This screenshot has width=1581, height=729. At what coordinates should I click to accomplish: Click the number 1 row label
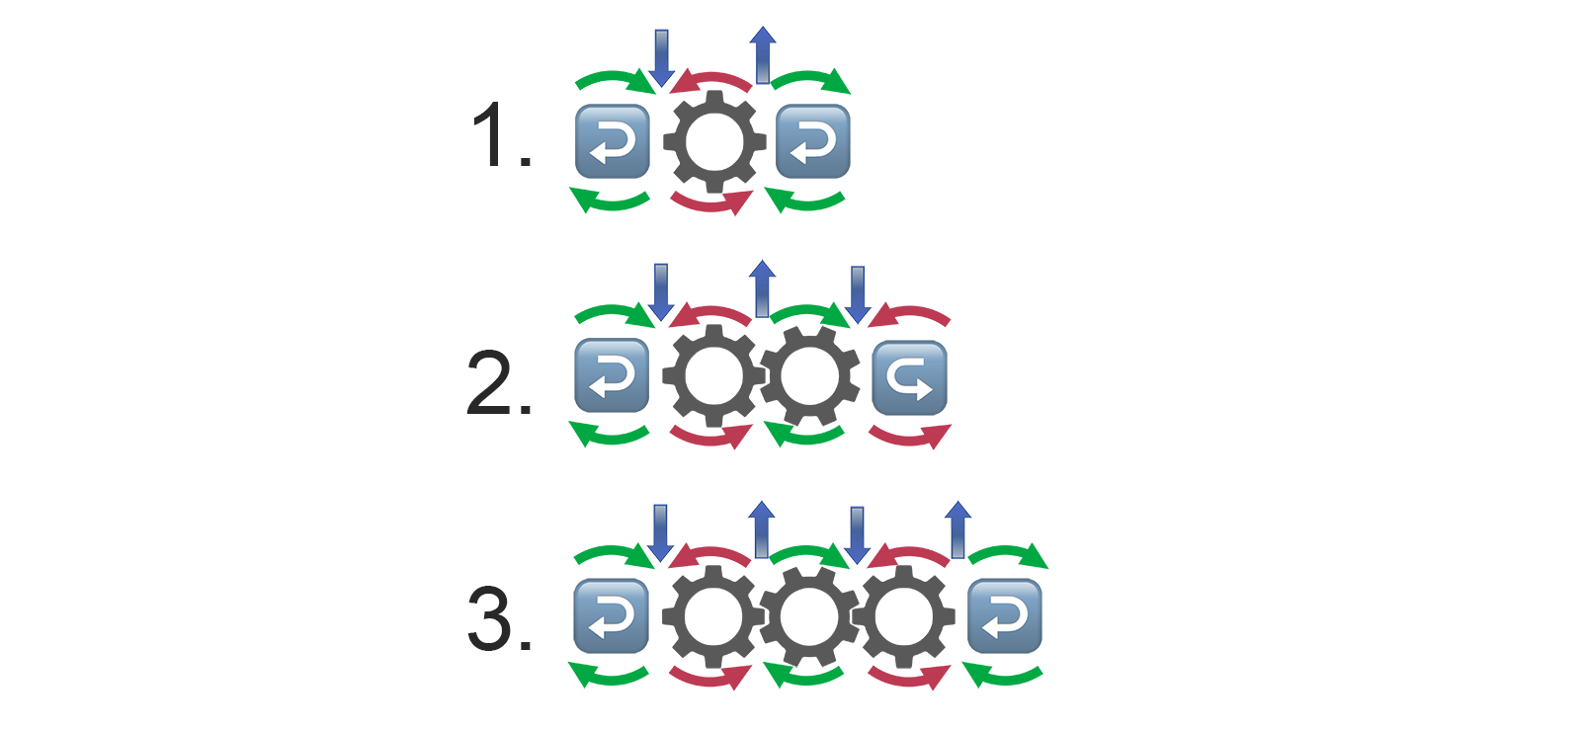click(x=500, y=135)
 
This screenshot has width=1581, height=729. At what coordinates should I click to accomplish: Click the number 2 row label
click(x=498, y=383)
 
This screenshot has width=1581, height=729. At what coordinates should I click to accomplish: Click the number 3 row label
click(x=499, y=619)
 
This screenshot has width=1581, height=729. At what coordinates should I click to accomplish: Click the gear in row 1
click(x=714, y=141)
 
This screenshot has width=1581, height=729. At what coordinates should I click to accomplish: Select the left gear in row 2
click(x=713, y=376)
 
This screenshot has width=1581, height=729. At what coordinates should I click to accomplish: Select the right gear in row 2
click(x=809, y=376)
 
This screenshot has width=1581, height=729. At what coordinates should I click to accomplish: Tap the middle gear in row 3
click(x=809, y=616)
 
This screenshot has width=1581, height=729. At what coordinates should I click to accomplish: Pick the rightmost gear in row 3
click(x=903, y=616)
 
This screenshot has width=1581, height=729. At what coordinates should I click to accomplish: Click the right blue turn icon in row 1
click(x=813, y=141)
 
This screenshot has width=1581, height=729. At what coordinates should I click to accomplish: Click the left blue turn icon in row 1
click(x=612, y=141)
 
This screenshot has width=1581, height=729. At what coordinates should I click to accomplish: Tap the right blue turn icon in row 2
click(x=910, y=377)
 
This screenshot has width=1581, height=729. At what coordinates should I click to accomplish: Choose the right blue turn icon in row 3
click(x=1004, y=616)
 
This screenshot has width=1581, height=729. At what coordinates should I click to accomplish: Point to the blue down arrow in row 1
click(x=661, y=58)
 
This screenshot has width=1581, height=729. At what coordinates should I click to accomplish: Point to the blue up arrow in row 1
click(x=762, y=55)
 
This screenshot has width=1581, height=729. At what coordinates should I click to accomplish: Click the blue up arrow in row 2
click(x=762, y=288)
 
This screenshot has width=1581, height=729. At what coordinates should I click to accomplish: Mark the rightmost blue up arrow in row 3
click(x=957, y=530)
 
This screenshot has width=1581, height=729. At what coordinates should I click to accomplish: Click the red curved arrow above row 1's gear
click(x=710, y=82)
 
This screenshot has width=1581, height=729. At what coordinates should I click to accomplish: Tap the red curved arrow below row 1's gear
click(x=711, y=202)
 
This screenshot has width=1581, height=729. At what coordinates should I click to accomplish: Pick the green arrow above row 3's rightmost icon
click(x=1009, y=555)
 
